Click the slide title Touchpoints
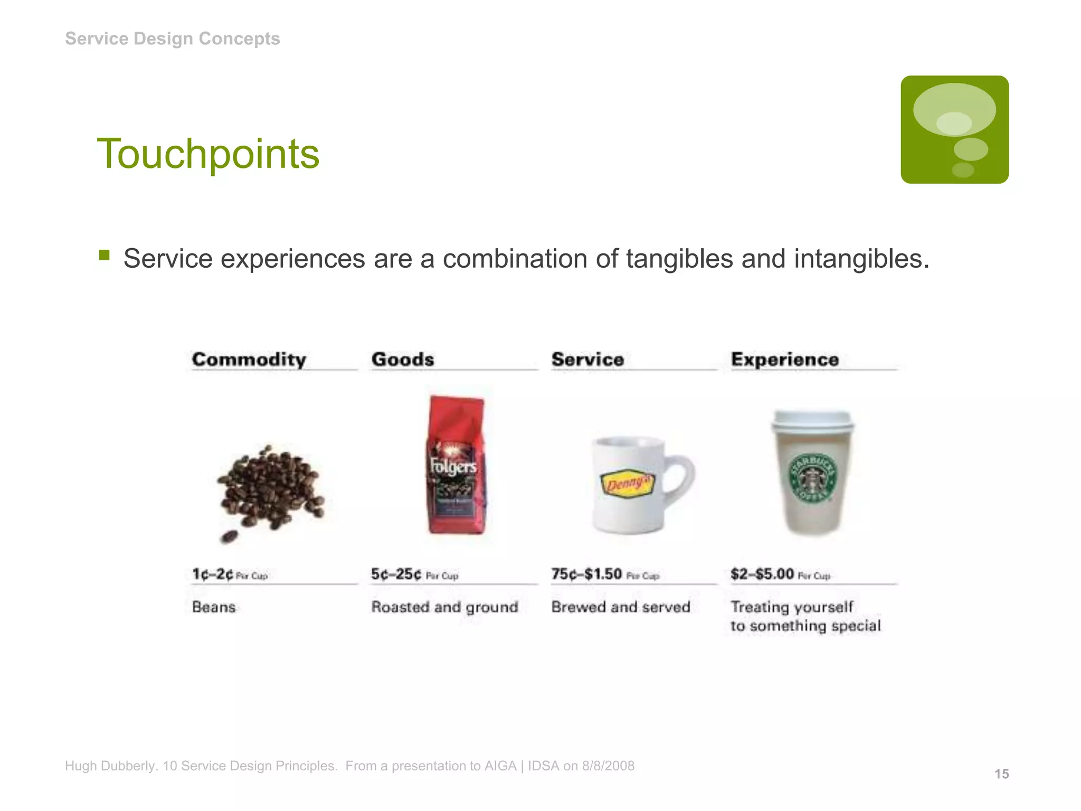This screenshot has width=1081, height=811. [x=208, y=154]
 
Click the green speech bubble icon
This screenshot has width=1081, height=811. [x=954, y=129]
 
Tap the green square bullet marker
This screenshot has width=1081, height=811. [x=104, y=256]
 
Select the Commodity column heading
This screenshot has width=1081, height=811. [x=249, y=360]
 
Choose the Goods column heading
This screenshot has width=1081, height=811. [x=403, y=360]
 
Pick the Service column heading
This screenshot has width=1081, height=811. [x=587, y=360]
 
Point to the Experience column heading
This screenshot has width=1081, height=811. [x=785, y=360]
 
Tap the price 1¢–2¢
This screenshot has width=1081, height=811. [x=213, y=574]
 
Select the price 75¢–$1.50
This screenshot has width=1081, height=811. [x=586, y=574]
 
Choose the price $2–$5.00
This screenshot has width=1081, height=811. [x=762, y=574]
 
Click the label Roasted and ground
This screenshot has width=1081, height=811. [x=444, y=607]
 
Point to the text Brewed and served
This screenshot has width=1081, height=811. [x=621, y=607]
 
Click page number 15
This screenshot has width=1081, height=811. [x=1001, y=774]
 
